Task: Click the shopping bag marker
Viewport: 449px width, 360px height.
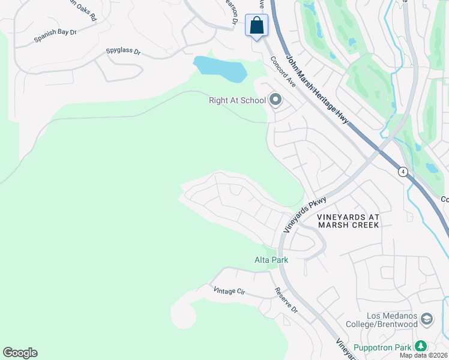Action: point(257,26)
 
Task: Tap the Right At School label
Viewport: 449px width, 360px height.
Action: point(237,100)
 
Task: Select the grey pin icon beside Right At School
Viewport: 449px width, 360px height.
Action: point(276,100)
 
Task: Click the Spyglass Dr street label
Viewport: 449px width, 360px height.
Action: point(123,52)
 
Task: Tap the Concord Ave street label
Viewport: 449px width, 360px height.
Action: point(283,72)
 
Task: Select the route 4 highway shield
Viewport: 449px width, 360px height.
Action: point(402,172)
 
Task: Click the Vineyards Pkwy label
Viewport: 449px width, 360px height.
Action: point(305,214)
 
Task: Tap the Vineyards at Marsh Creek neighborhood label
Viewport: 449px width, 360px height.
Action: point(348,221)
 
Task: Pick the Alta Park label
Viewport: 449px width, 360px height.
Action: point(271,260)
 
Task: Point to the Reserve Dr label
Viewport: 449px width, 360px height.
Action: point(286,300)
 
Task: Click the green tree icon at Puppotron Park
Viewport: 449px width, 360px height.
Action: point(421,346)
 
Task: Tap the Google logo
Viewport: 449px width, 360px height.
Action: point(20,353)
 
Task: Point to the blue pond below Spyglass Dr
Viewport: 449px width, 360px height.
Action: point(220,69)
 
